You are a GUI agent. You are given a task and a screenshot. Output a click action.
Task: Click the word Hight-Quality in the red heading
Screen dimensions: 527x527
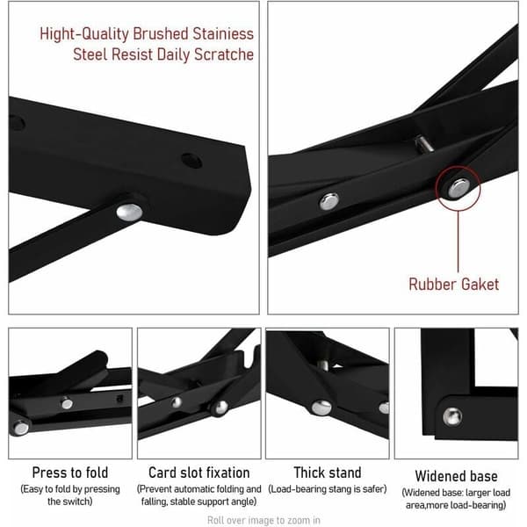tap(84, 34)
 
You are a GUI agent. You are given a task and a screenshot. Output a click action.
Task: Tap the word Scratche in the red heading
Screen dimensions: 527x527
tap(224, 54)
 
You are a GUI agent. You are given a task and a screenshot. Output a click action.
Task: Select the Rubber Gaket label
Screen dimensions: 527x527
tap(453, 284)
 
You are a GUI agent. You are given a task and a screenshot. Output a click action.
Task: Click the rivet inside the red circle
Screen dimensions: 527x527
tap(458, 188)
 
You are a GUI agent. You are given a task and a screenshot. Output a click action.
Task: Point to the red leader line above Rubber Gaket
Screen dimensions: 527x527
tap(458, 242)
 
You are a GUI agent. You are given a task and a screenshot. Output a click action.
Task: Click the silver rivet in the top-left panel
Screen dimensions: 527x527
tap(129, 212)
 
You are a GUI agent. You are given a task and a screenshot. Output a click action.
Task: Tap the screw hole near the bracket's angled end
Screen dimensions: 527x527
tap(191, 161)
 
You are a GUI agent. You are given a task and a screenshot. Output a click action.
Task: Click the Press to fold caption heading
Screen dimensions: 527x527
tap(70, 473)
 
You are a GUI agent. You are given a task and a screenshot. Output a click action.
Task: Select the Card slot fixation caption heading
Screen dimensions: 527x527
tap(199, 473)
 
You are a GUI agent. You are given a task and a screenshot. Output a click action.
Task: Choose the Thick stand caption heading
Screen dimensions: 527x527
tap(328, 473)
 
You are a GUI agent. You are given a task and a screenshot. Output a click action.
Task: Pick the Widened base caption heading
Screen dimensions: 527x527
tap(456, 476)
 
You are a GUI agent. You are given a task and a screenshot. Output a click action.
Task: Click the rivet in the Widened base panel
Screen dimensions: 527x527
tap(452, 416)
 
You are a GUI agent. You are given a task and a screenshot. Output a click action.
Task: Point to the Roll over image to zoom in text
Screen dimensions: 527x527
tap(263, 520)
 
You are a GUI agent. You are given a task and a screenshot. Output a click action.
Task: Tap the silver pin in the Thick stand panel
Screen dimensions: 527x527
tap(322, 365)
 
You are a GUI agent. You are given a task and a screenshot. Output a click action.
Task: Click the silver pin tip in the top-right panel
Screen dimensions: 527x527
tap(423, 143)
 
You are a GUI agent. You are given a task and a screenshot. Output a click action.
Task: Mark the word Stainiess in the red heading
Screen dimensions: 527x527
tap(223, 34)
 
